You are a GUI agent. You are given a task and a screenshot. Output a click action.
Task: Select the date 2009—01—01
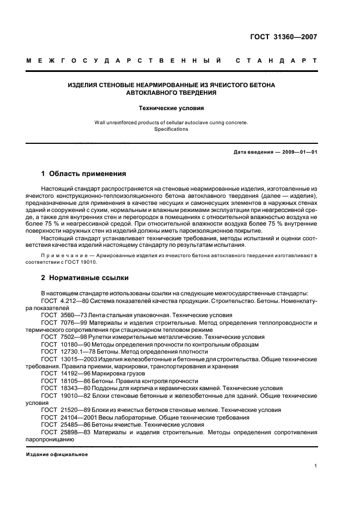pyautogui.click(x=296, y=152)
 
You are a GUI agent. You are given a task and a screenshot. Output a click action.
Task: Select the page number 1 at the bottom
pyautogui.click(x=315, y=466)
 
